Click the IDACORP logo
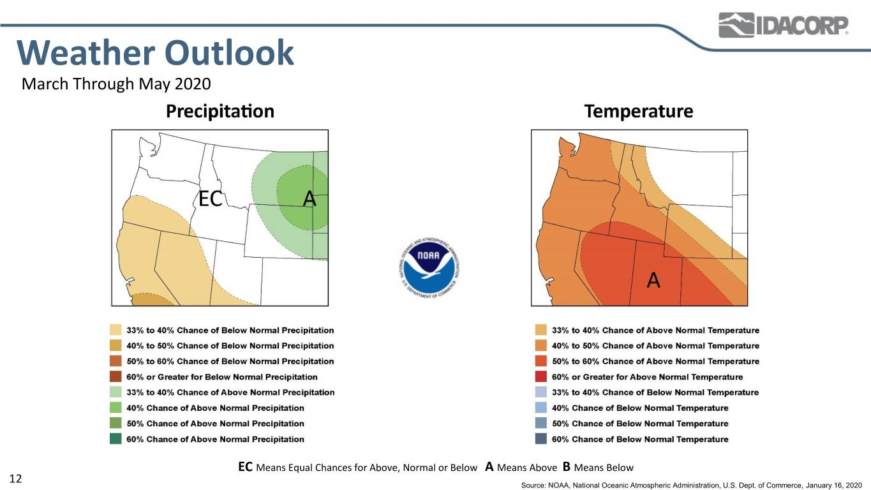(783, 25)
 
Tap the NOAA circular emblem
(429, 268)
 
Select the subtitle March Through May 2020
(116, 84)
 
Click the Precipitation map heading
(220, 111)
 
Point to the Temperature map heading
(639, 111)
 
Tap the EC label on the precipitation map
(210, 198)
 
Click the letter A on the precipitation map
(309, 198)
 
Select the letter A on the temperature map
(653, 279)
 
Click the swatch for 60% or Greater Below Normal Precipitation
(115, 376)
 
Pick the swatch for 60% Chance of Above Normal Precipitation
(115, 439)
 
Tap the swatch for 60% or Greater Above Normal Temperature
(541, 376)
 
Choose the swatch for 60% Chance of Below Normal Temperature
(541, 439)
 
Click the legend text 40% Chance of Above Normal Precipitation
(216, 408)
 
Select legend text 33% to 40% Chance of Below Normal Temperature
(655, 392)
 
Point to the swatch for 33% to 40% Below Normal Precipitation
(115, 330)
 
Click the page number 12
(15, 479)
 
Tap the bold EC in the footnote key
(246, 466)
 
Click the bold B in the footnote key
(567, 466)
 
